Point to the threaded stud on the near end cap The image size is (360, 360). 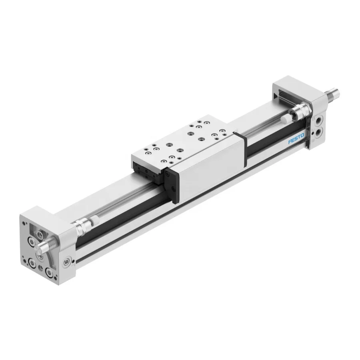tap(45, 244)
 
